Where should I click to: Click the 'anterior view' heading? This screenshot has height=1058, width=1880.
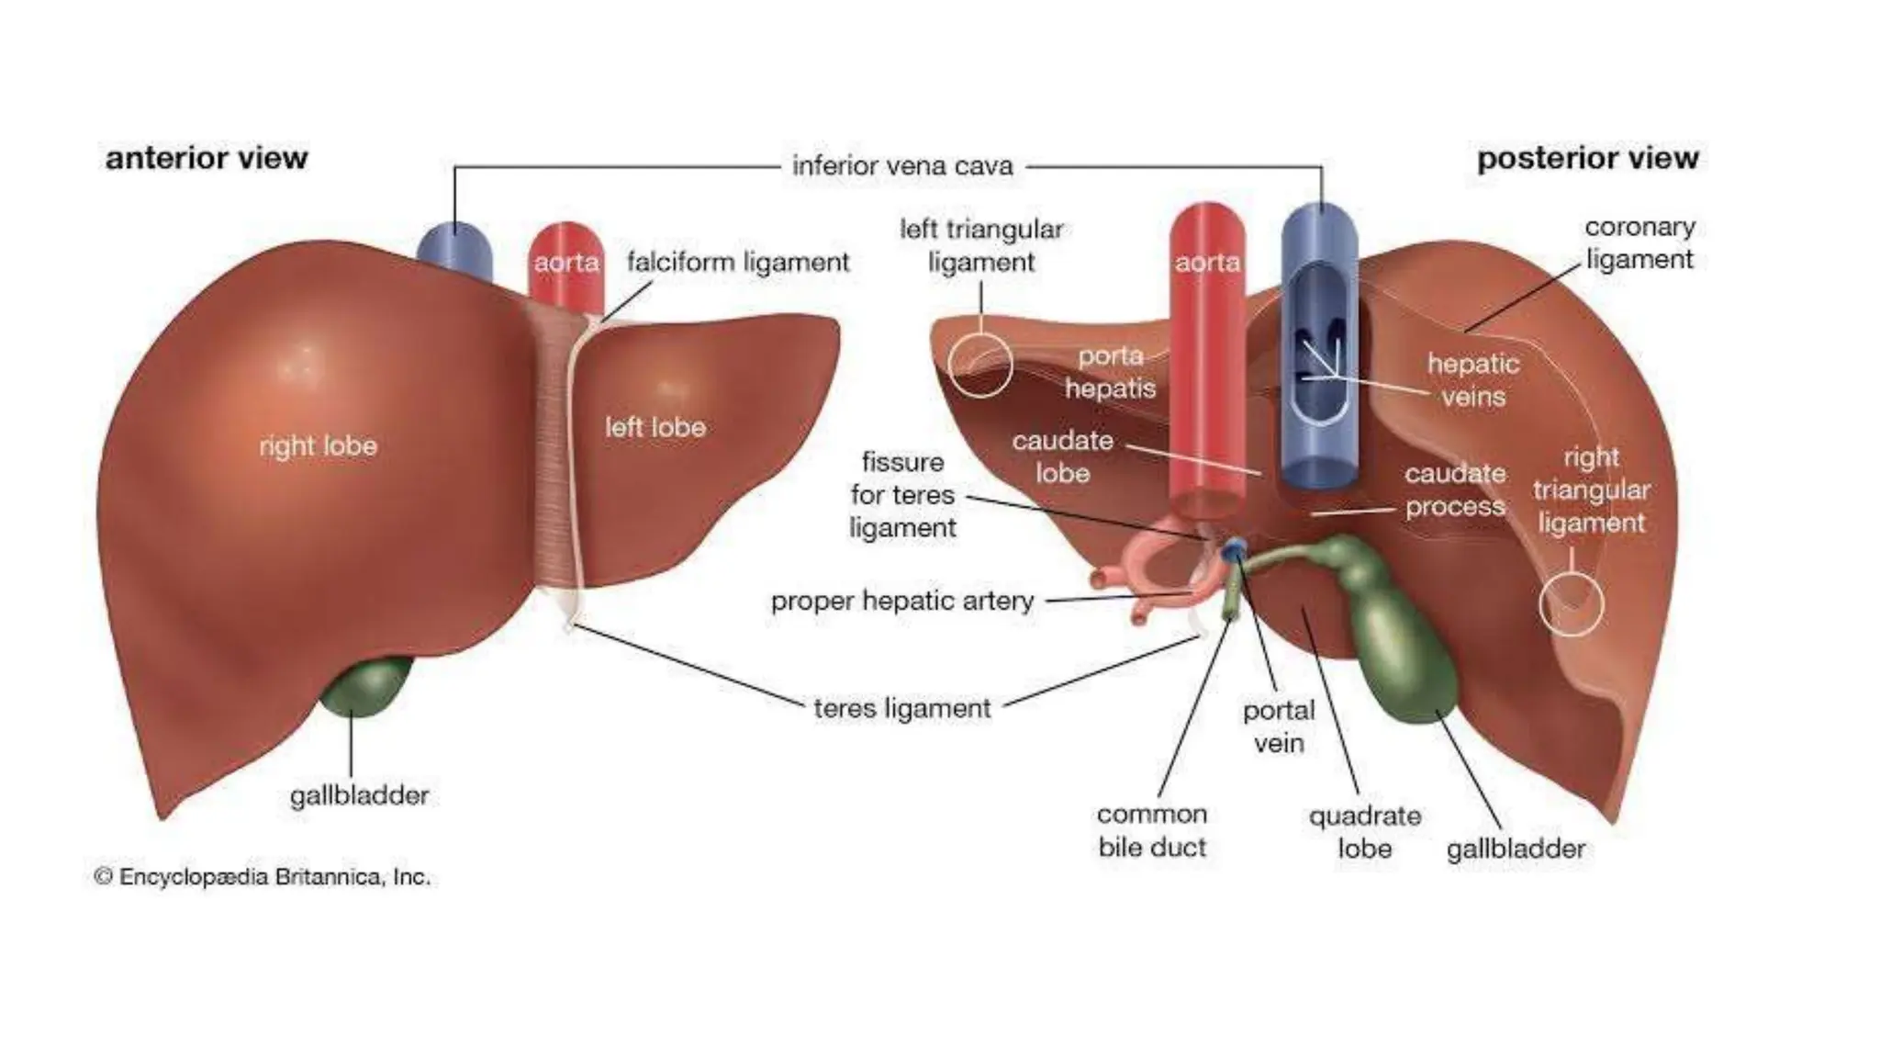coord(207,158)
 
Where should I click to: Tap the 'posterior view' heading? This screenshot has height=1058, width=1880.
coord(1587,158)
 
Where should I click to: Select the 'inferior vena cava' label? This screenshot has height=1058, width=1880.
coord(902,166)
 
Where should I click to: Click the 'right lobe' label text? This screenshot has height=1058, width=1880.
coord(318,446)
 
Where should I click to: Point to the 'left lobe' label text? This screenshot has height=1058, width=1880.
coord(655,427)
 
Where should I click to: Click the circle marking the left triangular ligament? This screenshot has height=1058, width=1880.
coord(979,365)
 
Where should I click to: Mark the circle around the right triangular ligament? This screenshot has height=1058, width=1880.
coord(1571,604)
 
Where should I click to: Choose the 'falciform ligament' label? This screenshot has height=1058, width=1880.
coord(738,263)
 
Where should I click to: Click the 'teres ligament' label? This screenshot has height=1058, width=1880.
coord(901,708)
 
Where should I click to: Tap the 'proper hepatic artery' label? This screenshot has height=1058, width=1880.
coord(902,601)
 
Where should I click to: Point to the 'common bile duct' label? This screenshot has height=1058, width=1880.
coord(1152,830)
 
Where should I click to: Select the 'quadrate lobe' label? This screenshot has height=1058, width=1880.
coord(1364,832)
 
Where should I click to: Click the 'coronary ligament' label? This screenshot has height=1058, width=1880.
coord(1639,242)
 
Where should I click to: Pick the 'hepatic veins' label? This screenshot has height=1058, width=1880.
coord(1472,380)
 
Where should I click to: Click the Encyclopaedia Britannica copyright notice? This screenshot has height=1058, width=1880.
coord(263,877)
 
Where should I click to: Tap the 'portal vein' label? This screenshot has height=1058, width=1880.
coord(1279,726)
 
